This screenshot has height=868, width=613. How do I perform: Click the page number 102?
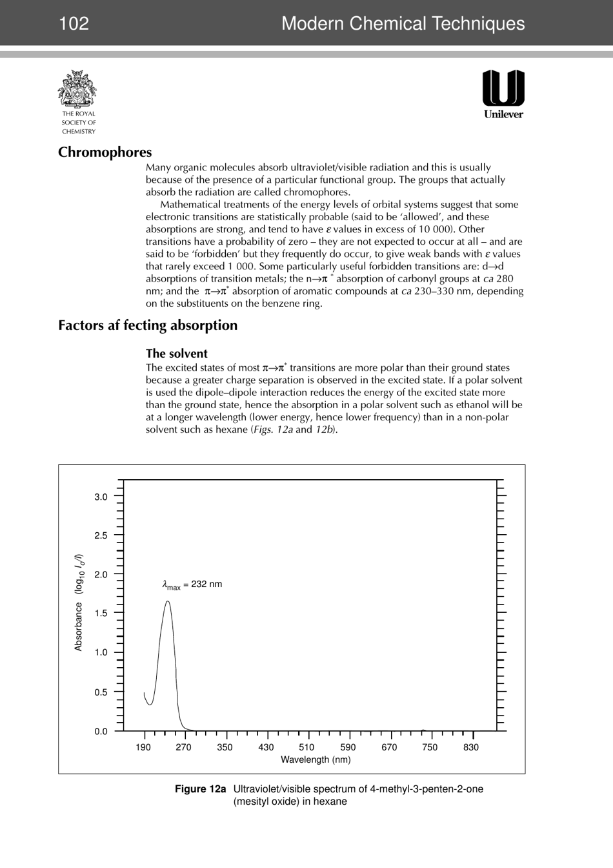74,24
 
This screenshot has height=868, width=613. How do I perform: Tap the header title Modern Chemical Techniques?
403,24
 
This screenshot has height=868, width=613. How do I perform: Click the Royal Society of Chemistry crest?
77,90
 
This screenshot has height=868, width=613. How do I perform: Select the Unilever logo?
503,94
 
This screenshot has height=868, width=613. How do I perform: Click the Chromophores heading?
105,152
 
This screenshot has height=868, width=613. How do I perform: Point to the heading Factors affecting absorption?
148,325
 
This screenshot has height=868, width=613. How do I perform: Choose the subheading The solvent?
176,353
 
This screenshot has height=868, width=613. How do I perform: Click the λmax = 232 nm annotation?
192,584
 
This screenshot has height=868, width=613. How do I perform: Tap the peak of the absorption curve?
168,602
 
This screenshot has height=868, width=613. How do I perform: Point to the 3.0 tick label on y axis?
101,497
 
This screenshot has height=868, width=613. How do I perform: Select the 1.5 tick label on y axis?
101,613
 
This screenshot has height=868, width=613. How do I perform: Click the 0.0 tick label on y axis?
101,731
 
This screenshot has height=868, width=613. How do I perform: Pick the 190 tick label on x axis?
143,747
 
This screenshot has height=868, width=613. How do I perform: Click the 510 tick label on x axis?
306,747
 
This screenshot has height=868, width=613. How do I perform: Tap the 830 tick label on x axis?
471,747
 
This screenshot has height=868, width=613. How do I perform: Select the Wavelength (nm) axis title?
316,760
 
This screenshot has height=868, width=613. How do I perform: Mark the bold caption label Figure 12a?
201,789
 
